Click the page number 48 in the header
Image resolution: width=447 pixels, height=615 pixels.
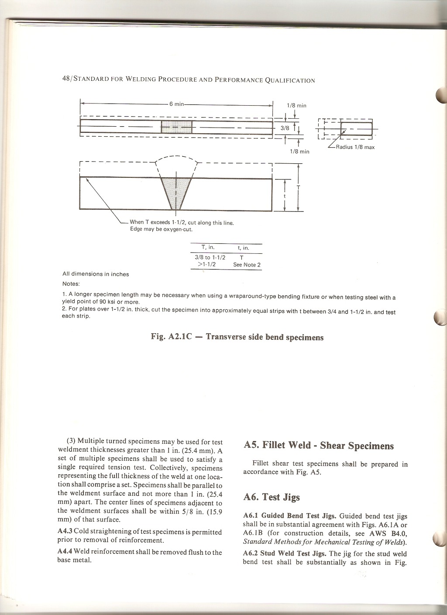(67, 80)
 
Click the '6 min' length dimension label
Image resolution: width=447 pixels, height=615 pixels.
(176, 104)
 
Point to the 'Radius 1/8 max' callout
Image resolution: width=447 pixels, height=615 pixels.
(355, 147)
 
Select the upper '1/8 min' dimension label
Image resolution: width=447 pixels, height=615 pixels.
(296, 105)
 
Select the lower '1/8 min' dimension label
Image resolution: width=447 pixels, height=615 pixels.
(299, 151)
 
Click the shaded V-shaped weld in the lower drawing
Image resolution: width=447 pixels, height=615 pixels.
(176, 192)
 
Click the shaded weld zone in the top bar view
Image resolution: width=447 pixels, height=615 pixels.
(176, 127)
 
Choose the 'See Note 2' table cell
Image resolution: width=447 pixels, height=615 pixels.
(247, 265)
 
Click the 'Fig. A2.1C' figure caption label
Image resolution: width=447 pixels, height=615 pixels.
(170, 337)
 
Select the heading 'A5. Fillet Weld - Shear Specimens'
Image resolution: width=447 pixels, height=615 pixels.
(318, 446)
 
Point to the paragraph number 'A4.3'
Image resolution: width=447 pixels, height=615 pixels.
(65, 532)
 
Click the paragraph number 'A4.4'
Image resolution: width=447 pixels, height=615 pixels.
(65, 552)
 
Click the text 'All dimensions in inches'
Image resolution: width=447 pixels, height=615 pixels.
(96, 274)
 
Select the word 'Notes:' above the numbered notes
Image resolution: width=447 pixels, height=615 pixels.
(71, 283)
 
